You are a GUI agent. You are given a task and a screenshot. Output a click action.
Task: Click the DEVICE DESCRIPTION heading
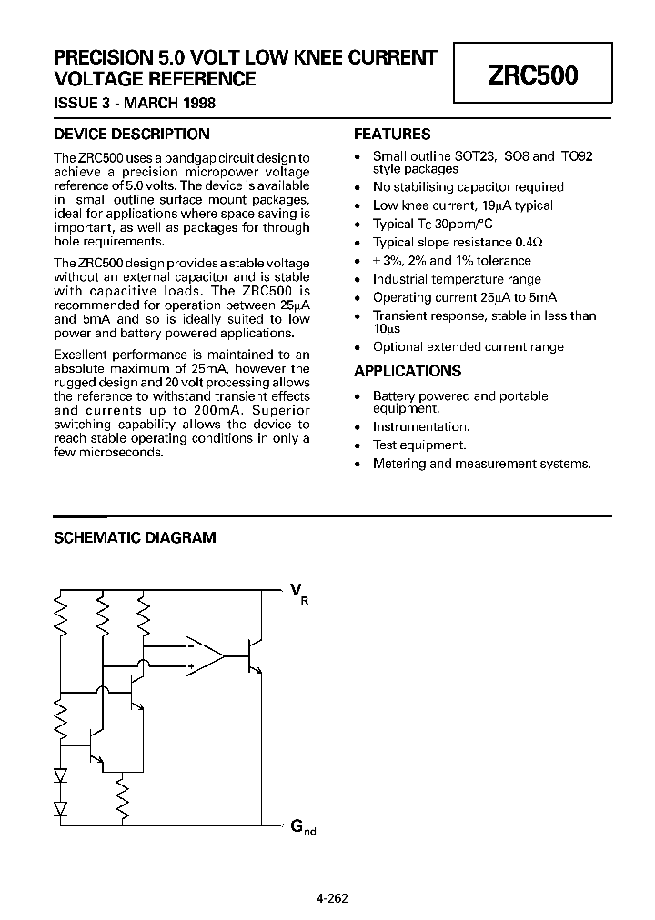tap(132, 134)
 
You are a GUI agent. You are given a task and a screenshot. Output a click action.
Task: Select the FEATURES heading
tap(391, 134)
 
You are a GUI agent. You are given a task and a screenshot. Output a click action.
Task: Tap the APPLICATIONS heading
tap(407, 371)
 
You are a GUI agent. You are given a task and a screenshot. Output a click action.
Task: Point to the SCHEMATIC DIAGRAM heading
tap(135, 537)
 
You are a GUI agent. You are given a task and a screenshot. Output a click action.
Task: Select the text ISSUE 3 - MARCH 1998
tap(135, 103)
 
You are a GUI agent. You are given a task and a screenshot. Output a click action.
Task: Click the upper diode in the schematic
tap(61, 776)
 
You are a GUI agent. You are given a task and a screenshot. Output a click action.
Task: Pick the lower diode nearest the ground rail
tap(61, 806)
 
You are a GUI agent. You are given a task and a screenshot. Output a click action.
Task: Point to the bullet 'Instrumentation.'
tap(421, 426)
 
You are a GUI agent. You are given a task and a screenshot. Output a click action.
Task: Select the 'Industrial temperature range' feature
tap(457, 279)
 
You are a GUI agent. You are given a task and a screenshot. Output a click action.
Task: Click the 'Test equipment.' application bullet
tap(419, 445)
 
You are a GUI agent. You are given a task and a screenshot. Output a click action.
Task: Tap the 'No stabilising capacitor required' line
tap(468, 187)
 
